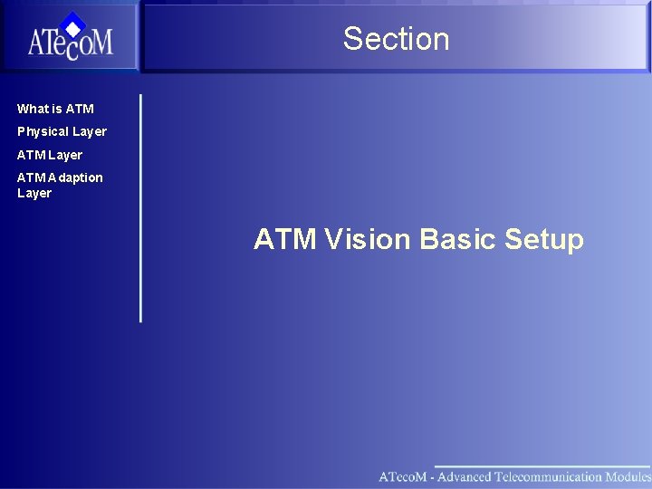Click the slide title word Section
(396, 39)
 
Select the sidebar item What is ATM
(55, 109)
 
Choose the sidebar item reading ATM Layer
(50, 155)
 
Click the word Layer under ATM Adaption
(34, 193)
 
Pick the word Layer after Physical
(90, 131)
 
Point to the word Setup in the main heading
(544, 239)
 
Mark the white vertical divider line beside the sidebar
(140, 208)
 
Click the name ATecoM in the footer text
(400, 476)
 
